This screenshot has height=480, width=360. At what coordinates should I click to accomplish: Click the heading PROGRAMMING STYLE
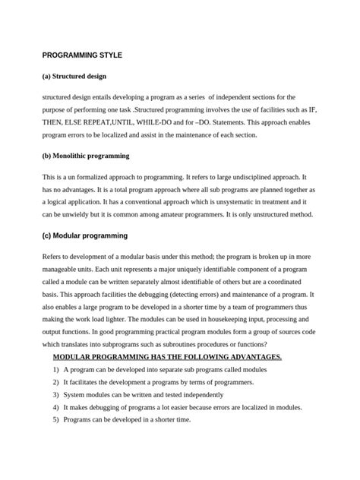coord(82,56)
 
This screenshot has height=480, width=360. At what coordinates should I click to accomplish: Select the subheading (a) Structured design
coord(74,77)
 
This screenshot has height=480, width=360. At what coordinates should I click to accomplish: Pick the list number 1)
coord(56,369)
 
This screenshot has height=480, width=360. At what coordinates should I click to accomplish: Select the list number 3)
coord(56,395)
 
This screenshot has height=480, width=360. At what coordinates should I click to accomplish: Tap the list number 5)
coord(56,422)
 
